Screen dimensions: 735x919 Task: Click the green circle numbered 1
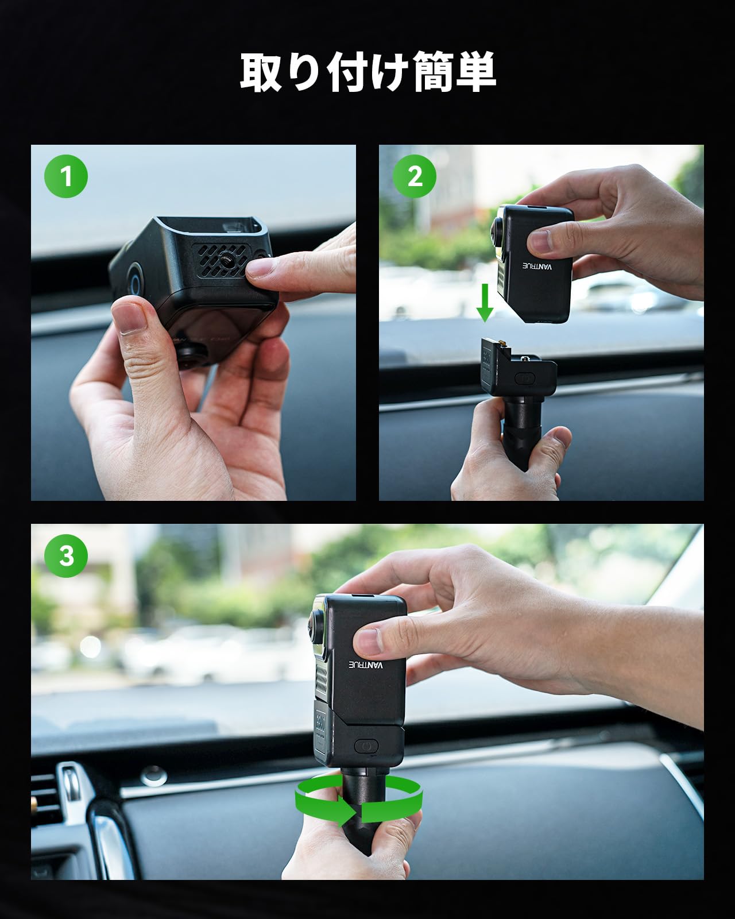(x=66, y=176)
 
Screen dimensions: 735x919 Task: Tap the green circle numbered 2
(x=414, y=176)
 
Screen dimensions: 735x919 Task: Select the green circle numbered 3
(x=66, y=555)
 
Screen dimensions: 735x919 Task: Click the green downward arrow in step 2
(x=485, y=303)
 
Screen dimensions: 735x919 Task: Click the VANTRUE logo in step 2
(x=537, y=265)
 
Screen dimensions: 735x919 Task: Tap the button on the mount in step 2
(x=525, y=378)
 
